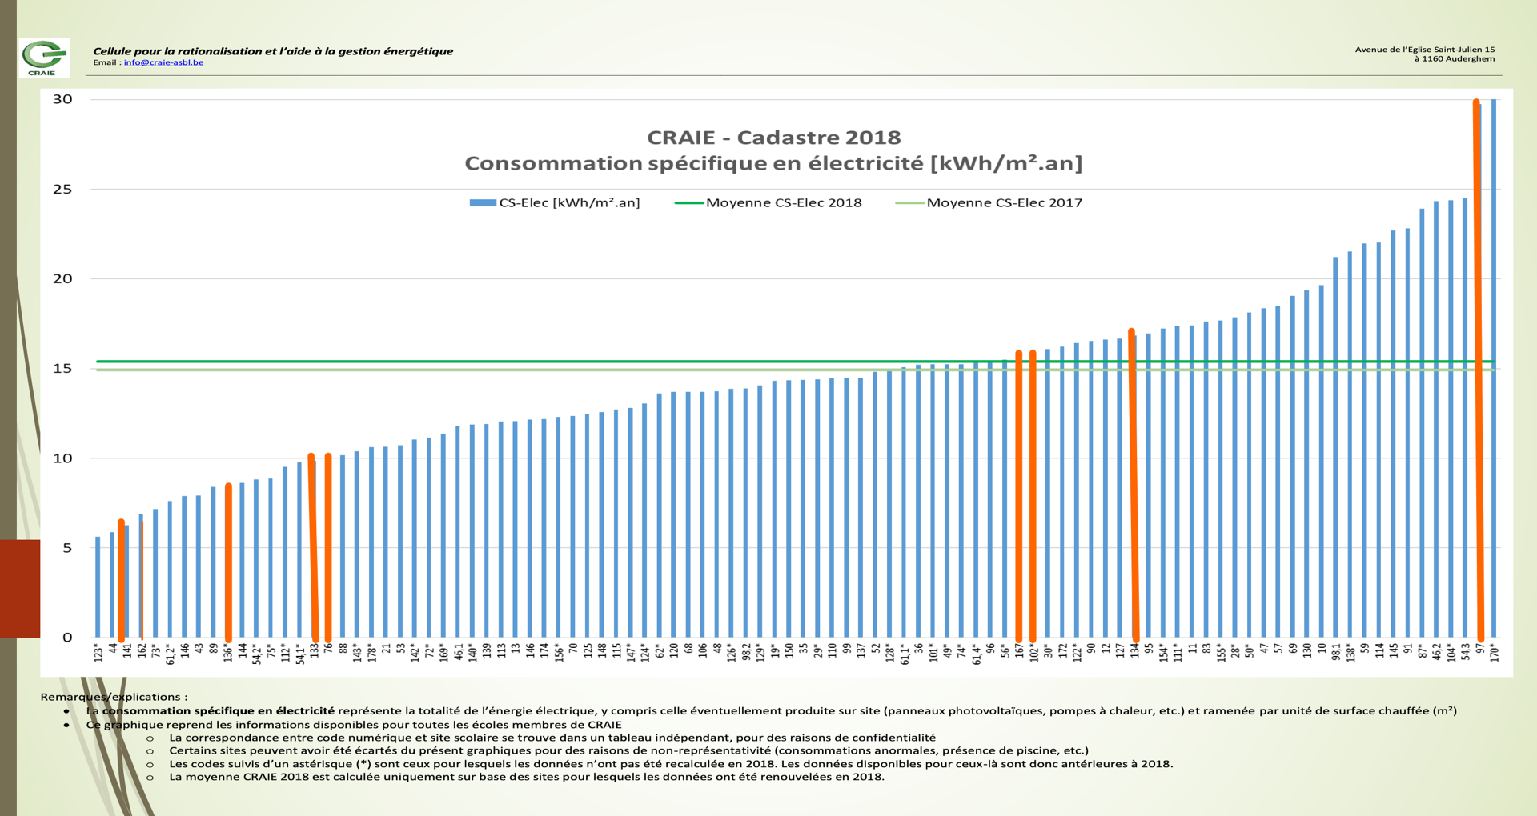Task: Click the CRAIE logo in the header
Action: tap(44, 58)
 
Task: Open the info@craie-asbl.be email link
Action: tap(163, 62)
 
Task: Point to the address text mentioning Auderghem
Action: tap(1454, 58)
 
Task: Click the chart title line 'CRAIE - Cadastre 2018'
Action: tap(773, 138)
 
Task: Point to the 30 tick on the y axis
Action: tap(62, 99)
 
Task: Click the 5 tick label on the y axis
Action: tap(67, 548)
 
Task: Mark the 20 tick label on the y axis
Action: tap(62, 278)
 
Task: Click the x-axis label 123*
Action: tap(98, 653)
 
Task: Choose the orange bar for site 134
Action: tap(1133, 480)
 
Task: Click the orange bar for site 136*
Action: tap(228, 560)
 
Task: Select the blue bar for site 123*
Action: tap(98, 588)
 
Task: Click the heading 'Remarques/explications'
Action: tap(114, 697)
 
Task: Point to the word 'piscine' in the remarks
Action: tap(1033, 750)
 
